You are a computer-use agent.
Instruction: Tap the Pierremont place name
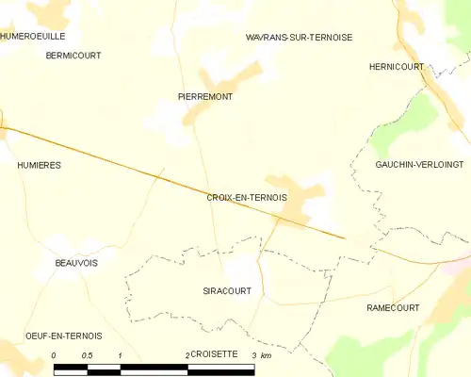(x=205, y=97)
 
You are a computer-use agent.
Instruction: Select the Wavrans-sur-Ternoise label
(x=299, y=38)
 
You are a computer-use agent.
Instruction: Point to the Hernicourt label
(x=397, y=67)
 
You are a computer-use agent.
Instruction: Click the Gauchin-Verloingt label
(x=419, y=164)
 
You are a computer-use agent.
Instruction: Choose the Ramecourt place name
(x=393, y=308)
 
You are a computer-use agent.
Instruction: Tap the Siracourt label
(x=227, y=291)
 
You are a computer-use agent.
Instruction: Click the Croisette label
(x=218, y=354)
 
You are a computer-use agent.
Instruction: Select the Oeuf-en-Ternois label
(x=63, y=336)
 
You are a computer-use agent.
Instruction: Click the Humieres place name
(x=39, y=165)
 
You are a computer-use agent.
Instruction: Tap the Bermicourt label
(x=73, y=56)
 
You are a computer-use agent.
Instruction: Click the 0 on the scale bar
(x=55, y=355)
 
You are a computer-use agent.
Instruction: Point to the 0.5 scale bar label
(x=87, y=355)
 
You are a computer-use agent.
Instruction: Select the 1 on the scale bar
(x=121, y=355)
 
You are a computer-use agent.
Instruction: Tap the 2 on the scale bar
(x=187, y=355)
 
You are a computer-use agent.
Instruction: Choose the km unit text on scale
(x=267, y=355)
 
